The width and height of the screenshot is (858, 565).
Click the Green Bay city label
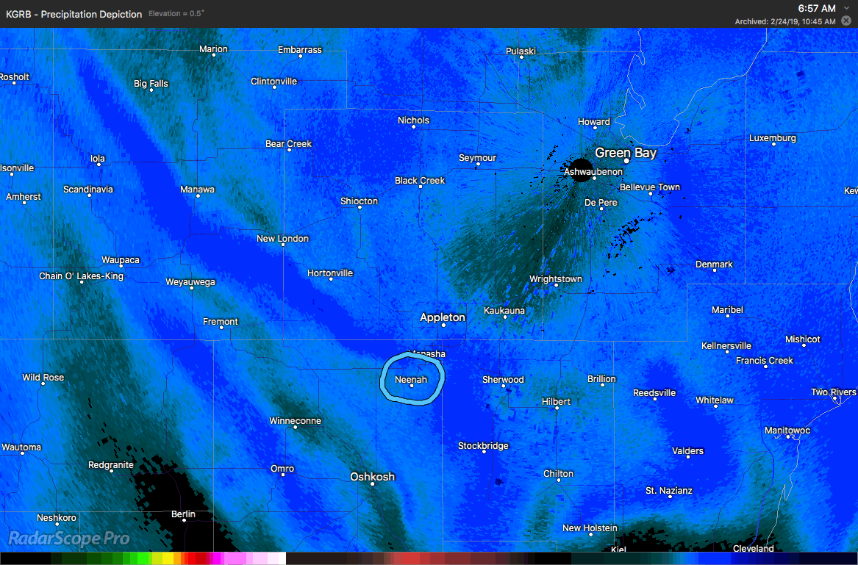click(x=626, y=153)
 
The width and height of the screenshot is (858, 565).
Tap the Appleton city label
click(x=443, y=317)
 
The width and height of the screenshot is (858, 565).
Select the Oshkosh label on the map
click(x=372, y=477)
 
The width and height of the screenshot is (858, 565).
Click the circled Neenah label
click(x=411, y=379)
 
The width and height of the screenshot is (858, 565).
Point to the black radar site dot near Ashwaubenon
click(x=581, y=170)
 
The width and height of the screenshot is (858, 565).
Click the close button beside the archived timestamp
click(x=846, y=21)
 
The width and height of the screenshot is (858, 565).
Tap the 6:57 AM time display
click(x=817, y=8)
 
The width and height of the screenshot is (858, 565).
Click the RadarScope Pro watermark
click(x=68, y=539)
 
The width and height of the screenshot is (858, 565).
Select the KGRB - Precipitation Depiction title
click(x=74, y=14)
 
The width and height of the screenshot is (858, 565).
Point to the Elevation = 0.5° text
click(x=176, y=14)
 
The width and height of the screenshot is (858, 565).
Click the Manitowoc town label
click(x=787, y=430)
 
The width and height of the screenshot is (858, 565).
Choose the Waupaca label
click(x=121, y=260)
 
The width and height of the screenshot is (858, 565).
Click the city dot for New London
click(x=283, y=247)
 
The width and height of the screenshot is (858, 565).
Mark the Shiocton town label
click(x=359, y=201)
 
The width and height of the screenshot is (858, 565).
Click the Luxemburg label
click(x=773, y=138)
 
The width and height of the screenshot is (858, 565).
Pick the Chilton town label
click(x=558, y=474)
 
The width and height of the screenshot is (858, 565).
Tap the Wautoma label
click(x=21, y=447)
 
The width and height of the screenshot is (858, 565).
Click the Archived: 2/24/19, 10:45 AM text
click(x=784, y=21)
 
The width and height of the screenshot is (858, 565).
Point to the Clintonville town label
click(x=274, y=81)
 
